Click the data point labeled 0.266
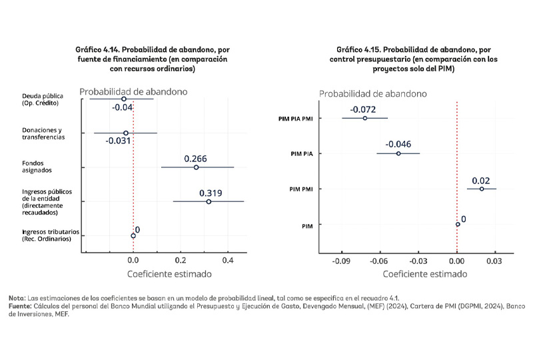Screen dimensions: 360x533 click(196, 167)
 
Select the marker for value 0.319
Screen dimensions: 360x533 click(209, 201)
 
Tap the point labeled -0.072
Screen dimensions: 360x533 click(364, 118)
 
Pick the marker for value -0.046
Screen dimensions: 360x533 click(398, 153)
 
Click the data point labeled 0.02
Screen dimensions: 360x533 click(482, 189)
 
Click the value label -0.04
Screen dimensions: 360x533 click(123, 107)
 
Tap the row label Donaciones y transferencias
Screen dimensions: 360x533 click(43, 133)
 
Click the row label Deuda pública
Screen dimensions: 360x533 click(43, 99)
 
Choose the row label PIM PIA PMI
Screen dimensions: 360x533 click(294, 119)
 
